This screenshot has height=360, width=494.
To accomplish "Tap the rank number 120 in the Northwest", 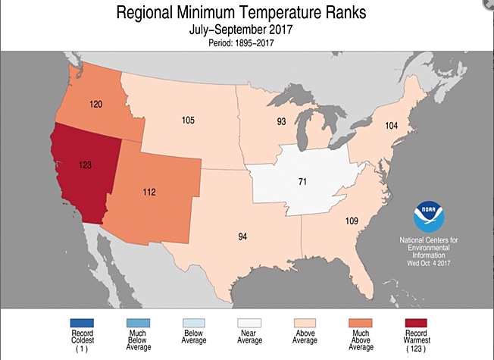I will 95,102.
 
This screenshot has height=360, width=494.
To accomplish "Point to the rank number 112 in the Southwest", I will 149,192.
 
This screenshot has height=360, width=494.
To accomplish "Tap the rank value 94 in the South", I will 242,236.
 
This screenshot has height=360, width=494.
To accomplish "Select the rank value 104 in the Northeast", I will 391,125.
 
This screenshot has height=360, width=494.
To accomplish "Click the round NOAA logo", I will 429,217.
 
